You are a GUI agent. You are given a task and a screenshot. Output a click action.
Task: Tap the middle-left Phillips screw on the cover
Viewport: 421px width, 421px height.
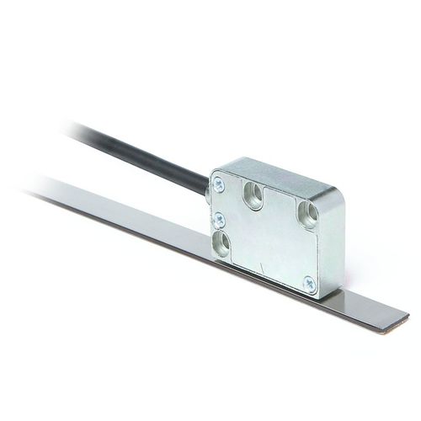coord(219,218)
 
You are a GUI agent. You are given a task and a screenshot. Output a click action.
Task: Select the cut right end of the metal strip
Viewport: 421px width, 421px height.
coord(402,318)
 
